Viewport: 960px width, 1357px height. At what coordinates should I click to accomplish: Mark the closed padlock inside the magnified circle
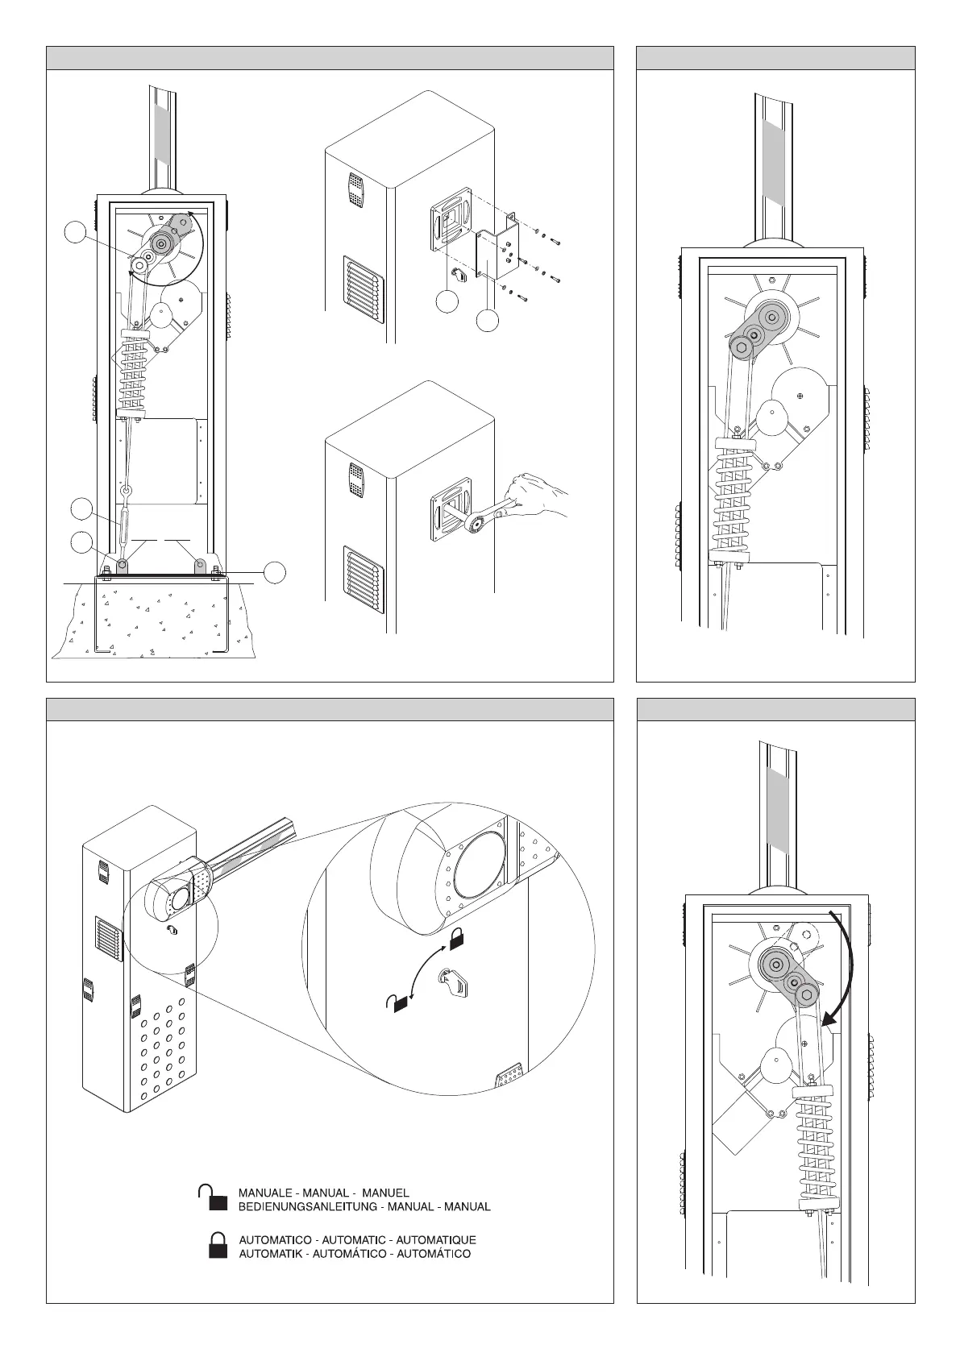point(457,937)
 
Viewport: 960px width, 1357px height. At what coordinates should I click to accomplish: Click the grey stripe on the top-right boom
point(774,161)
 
